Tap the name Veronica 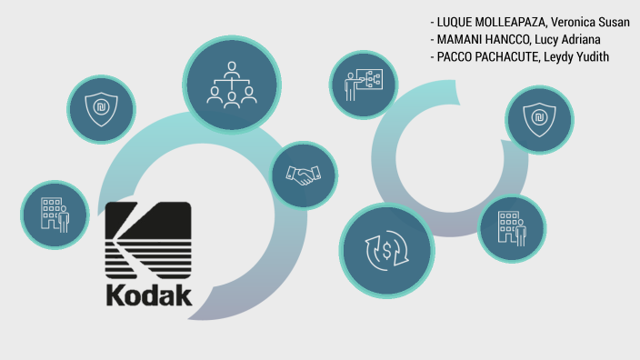582,23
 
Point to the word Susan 624,23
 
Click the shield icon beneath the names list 539,118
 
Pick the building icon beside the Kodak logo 55,215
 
